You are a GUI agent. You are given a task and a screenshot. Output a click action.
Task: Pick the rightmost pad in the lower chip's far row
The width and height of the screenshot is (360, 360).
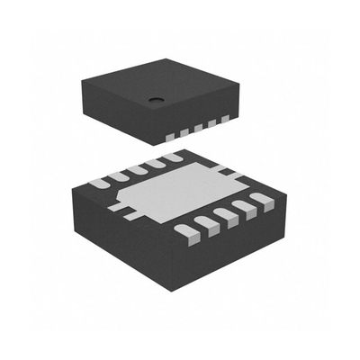tap(172, 158)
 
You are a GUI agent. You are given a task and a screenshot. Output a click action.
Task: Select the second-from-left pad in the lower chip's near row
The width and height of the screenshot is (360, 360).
tap(206, 226)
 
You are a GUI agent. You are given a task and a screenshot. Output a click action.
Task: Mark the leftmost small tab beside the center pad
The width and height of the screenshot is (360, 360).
tap(115, 205)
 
